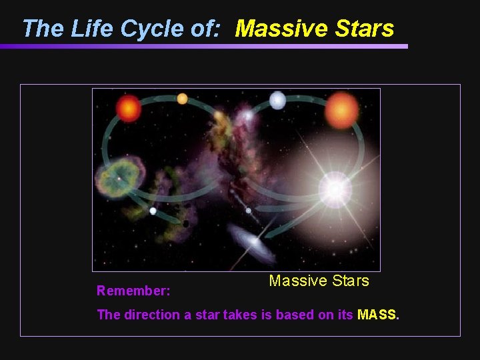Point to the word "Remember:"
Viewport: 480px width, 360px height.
point(133,291)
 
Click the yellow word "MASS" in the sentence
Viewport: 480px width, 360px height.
point(377,315)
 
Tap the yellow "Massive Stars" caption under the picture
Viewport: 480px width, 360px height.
point(319,281)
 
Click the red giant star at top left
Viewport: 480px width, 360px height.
point(128,108)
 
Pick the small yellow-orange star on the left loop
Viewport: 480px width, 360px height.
point(182,99)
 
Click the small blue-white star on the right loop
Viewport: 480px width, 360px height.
point(277,101)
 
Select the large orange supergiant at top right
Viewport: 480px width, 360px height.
point(341,110)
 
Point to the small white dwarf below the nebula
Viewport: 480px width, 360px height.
point(153,211)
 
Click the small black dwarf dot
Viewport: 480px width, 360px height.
point(186,223)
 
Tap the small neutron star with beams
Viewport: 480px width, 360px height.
point(248,211)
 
